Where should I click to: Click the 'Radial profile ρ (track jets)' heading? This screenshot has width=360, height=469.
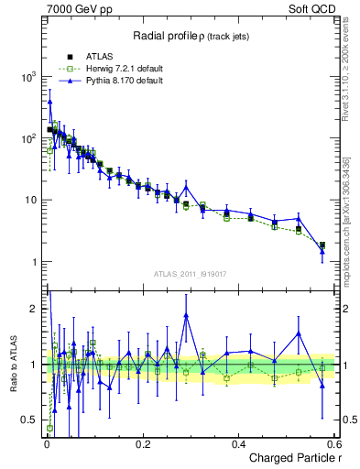click(191, 34)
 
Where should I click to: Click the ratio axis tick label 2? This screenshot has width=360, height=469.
click(36, 309)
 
